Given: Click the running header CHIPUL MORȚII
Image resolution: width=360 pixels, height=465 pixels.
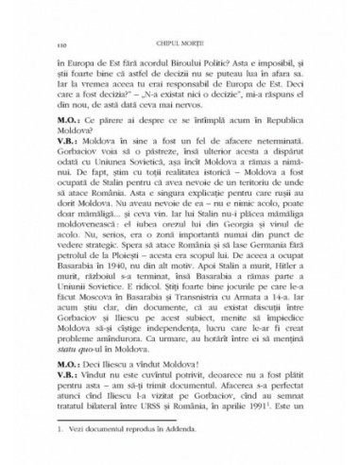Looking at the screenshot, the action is click(x=180, y=32).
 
